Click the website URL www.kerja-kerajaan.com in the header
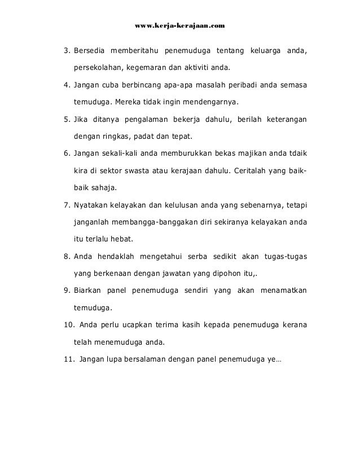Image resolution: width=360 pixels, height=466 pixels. (x=181, y=26)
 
